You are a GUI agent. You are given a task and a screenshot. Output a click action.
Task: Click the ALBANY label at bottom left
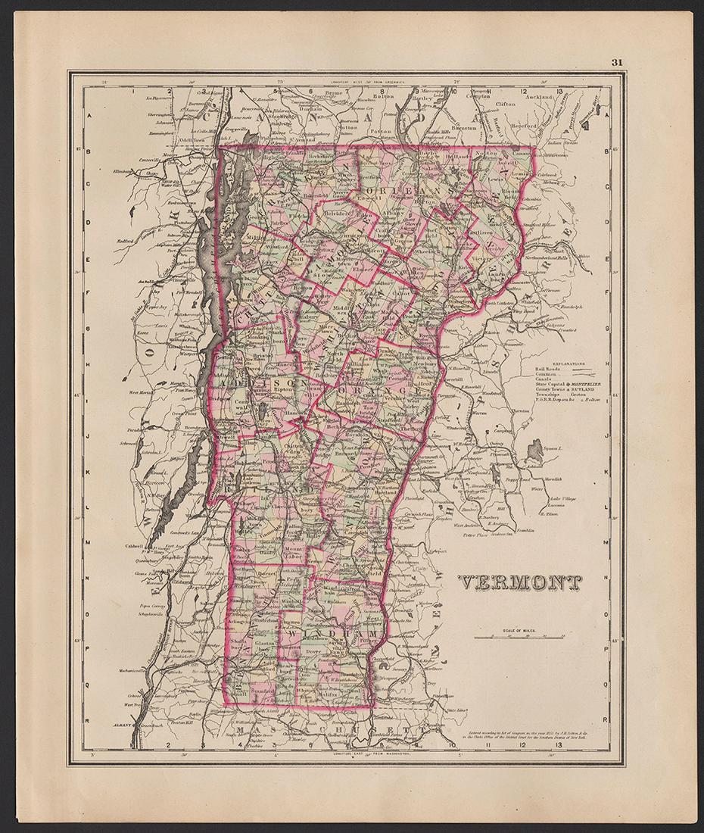[x=121, y=725]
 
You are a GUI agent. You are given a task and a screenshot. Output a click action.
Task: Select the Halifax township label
[x=326, y=694]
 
